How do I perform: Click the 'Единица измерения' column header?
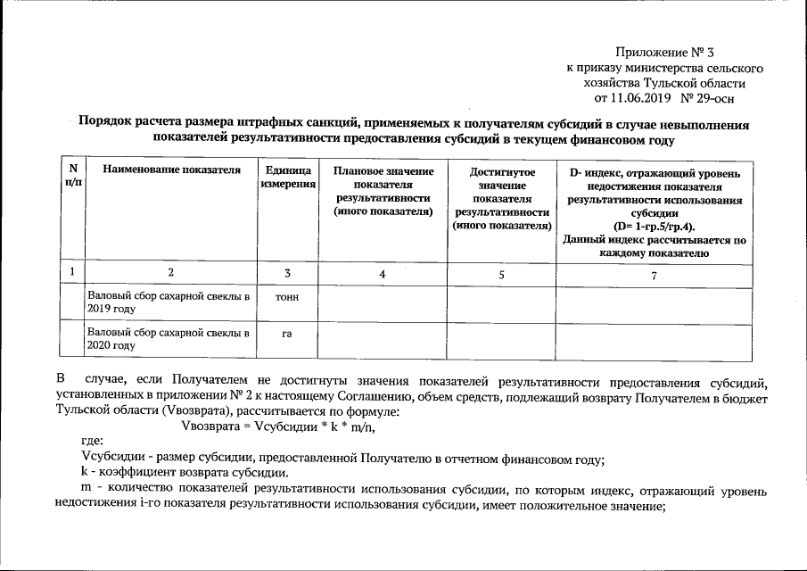coord(288,176)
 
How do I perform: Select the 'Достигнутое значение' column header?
coord(501,197)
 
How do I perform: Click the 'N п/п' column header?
coord(72,175)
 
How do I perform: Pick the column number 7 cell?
coord(654,276)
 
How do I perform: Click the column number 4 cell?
coord(382,276)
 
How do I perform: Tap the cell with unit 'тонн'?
coord(288,296)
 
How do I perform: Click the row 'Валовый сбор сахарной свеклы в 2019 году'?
coord(168,302)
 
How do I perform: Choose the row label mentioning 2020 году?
coord(168,338)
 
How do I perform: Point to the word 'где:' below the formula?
coord(92,442)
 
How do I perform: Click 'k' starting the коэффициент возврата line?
coord(84,474)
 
